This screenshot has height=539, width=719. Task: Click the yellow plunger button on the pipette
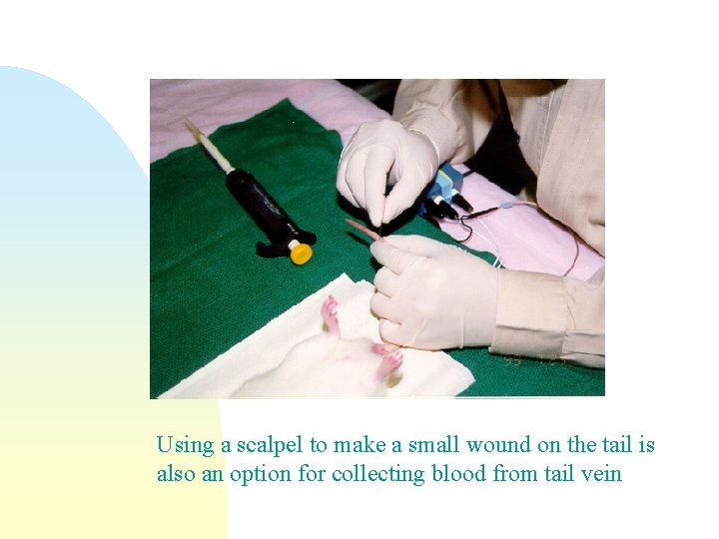[300, 252]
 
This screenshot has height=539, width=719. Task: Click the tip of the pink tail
[352, 225]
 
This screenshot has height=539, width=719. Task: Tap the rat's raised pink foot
[330, 316]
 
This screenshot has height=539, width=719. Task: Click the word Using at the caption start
[179, 445]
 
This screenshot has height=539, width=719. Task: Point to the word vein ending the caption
[600, 473]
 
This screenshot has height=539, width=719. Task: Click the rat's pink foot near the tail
[387, 360]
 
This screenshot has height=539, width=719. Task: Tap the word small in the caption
[430, 445]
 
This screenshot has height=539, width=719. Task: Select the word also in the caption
[176, 473]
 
